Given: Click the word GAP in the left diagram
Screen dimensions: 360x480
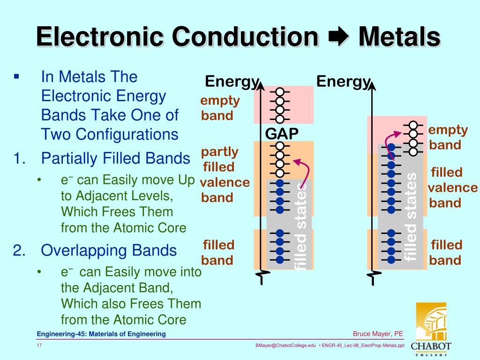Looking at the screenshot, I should click(x=281, y=134).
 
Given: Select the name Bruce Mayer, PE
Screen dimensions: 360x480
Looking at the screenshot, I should click(x=378, y=334).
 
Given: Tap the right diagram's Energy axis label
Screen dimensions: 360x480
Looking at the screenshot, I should click(x=343, y=82).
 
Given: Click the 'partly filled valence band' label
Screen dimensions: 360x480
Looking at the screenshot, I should click(x=224, y=174).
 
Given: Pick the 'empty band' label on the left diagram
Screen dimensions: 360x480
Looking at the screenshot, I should click(x=220, y=108).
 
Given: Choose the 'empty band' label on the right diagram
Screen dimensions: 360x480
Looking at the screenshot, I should click(x=448, y=137).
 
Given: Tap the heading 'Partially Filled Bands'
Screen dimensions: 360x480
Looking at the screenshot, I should click(x=116, y=158).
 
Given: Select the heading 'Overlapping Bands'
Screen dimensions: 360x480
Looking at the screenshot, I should click(x=109, y=250).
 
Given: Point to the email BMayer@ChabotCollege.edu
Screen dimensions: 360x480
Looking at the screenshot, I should click(x=285, y=345).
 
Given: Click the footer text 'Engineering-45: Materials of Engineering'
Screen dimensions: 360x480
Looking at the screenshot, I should click(x=102, y=334).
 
